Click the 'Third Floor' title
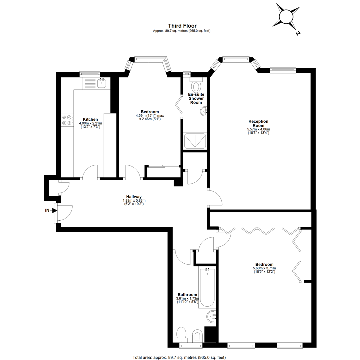(x=182, y=26)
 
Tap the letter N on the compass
(x=298, y=33)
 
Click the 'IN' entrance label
(x=47, y=210)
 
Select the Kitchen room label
(x=90, y=119)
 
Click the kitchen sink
(x=101, y=83)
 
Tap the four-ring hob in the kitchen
(x=67, y=120)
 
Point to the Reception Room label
(x=258, y=123)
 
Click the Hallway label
(x=134, y=197)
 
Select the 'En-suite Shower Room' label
(x=196, y=98)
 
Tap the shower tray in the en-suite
(x=195, y=141)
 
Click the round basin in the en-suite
(x=204, y=112)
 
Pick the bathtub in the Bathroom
(x=207, y=288)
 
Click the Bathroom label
(x=187, y=295)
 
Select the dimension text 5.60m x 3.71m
(x=264, y=268)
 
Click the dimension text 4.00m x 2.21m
(x=90, y=123)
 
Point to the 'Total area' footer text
(x=179, y=357)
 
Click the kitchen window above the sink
(x=90, y=74)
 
